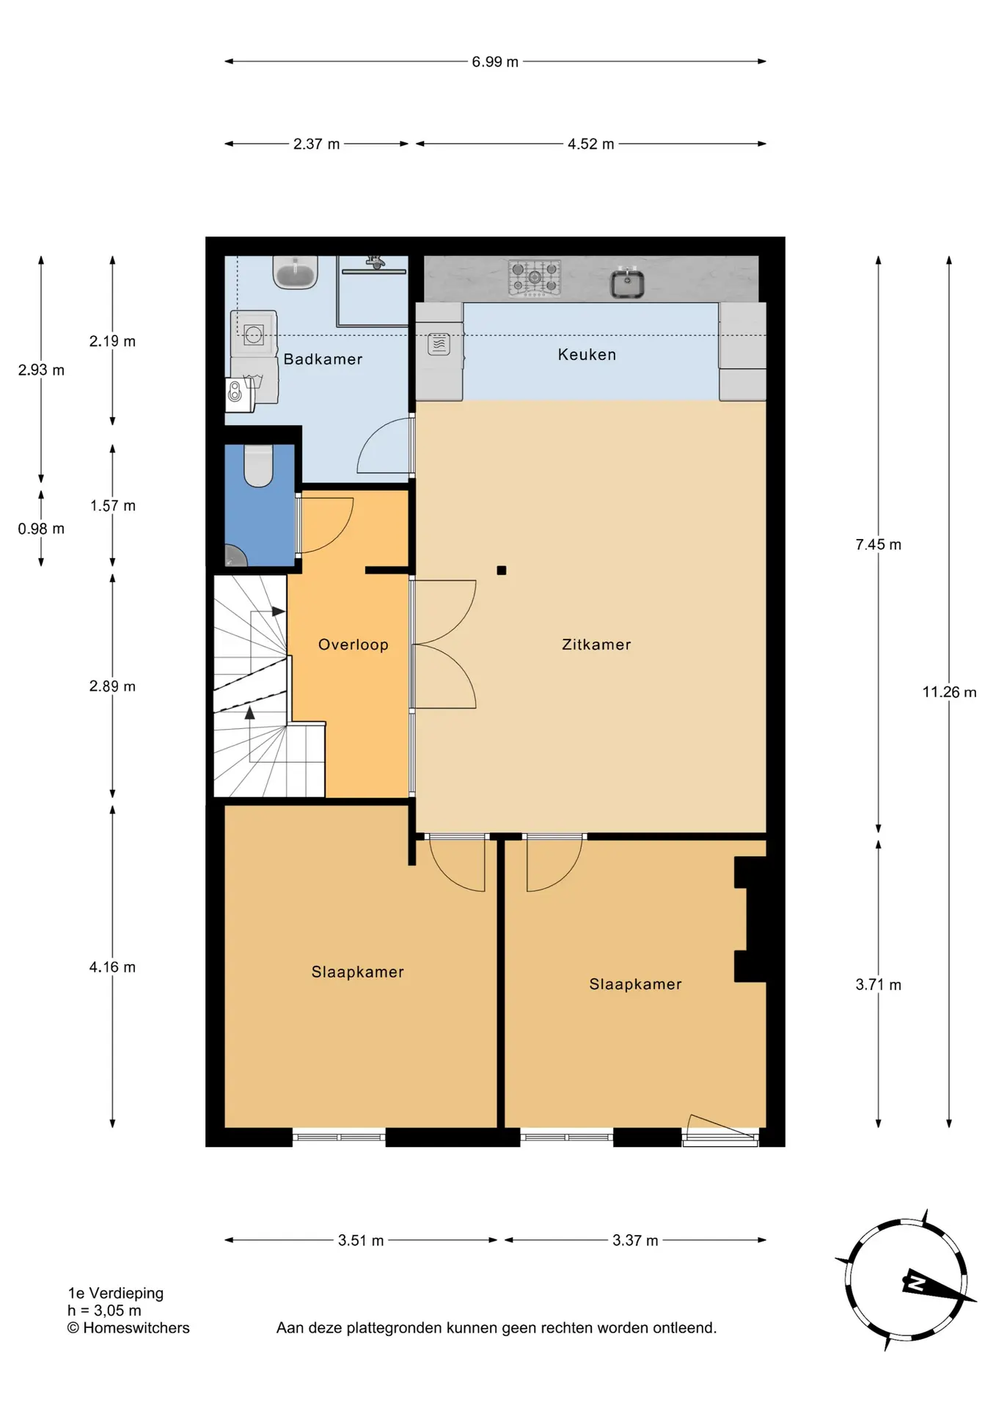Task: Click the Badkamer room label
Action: coord(323,359)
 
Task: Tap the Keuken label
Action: coord(587,355)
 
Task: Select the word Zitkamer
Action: coord(596,645)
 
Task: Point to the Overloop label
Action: coord(353,645)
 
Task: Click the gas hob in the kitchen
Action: coord(535,278)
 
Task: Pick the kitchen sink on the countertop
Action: coord(628,282)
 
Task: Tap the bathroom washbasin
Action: coord(296,272)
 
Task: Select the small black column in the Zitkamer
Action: coord(502,570)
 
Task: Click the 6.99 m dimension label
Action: coord(495,62)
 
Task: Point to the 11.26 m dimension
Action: coord(949,692)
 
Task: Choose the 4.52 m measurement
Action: coord(590,144)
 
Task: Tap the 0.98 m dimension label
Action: coord(41,529)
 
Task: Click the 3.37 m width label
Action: coord(635,1241)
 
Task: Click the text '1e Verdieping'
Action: coord(116,1294)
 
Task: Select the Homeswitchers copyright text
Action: coord(128,1328)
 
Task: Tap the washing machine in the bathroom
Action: coord(254,334)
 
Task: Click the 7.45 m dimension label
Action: coord(878,545)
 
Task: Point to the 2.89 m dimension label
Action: coord(112,686)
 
